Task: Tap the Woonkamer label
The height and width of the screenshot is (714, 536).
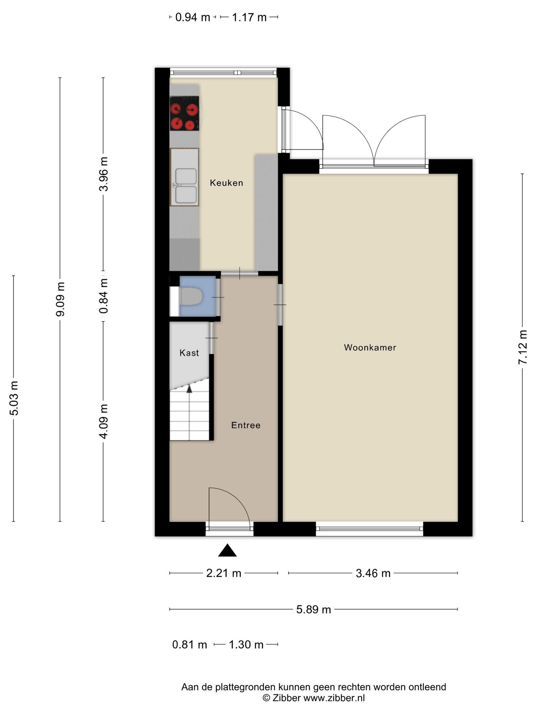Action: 370,347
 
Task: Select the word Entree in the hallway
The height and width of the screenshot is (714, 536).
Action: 246,425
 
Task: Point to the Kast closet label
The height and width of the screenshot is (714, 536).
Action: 189,353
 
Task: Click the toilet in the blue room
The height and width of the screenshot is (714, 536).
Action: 191,296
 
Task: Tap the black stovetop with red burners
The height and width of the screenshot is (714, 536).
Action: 185,113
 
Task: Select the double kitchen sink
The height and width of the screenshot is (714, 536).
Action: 185,177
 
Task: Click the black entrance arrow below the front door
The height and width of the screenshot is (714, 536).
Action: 227,550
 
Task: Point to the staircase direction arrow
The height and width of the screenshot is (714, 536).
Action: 189,389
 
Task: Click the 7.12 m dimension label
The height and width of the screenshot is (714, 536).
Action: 522,347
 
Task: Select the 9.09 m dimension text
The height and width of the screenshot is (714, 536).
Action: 60,299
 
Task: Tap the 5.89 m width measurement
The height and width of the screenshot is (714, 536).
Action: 314,609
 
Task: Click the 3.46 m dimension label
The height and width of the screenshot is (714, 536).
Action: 373,573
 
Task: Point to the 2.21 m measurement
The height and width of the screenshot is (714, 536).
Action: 224,573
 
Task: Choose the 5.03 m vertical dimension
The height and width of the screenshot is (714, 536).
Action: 14,398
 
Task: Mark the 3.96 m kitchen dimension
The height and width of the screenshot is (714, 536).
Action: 103,174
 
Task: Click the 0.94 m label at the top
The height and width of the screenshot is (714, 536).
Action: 192,17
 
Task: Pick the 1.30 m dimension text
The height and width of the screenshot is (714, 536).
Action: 246,645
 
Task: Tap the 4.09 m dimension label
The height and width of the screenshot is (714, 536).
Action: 103,421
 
